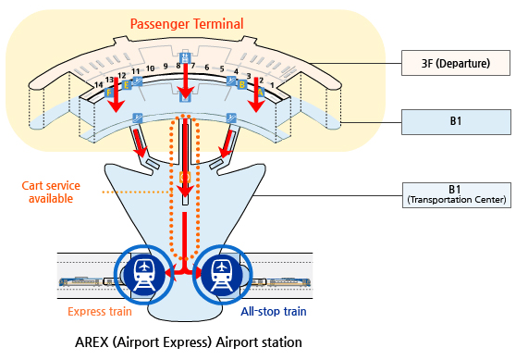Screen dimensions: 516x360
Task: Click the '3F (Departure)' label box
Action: tap(456, 63)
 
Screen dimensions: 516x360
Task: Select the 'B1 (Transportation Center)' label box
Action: tap(457, 195)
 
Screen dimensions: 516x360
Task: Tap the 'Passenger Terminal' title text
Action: tap(187, 24)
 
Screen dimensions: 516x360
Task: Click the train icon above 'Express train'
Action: tap(144, 275)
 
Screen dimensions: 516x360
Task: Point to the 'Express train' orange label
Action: tap(100, 311)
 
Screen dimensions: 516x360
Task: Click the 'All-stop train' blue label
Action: tap(274, 311)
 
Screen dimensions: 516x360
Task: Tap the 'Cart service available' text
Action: tap(51, 192)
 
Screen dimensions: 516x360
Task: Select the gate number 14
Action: tap(99, 85)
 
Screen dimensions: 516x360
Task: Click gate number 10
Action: tap(151, 68)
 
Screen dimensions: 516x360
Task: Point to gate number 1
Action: tap(272, 85)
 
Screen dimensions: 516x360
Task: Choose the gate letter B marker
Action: tap(242, 84)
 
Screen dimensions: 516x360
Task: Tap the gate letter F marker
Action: tap(109, 93)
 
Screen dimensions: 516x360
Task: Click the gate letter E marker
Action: tap(127, 85)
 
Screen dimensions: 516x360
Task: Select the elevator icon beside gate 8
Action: tap(185, 58)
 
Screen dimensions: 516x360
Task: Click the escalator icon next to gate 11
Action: tap(138, 81)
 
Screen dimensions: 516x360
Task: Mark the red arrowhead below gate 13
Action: tap(117, 106)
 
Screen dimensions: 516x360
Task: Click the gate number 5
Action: tap(222, 68)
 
